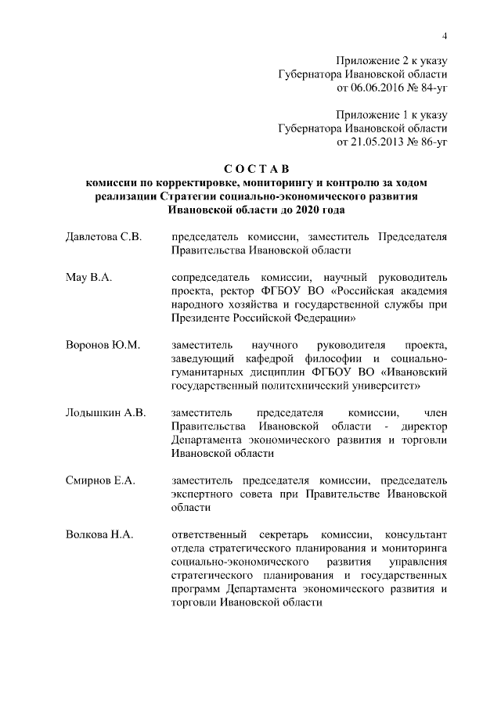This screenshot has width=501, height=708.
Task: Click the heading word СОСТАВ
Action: tap(256, 168)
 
